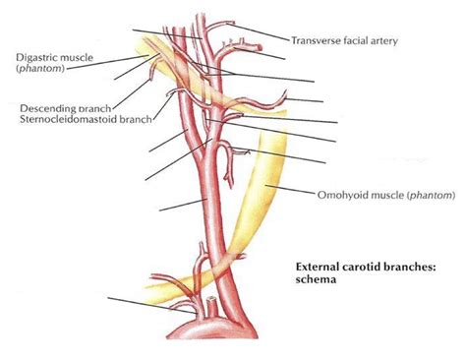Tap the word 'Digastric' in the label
point(36,57)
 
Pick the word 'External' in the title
point(320,266)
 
